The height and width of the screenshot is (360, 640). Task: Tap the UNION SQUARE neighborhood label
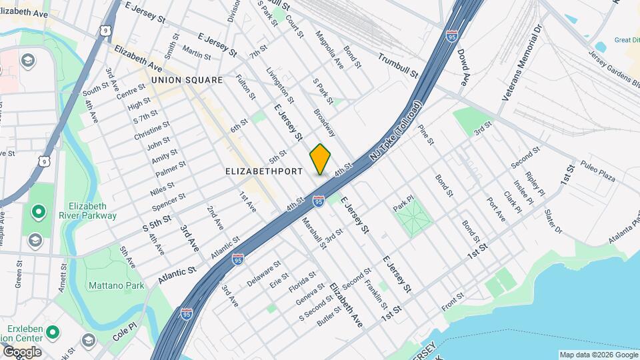click(x=187, y=80)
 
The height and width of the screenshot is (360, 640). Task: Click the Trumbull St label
click(x=397, y=65)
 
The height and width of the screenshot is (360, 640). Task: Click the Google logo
click(x=21, y=351)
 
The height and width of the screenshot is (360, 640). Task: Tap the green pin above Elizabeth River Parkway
click(x=39, y=213)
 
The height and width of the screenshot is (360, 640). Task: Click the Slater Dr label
click(x=553, y=222)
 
